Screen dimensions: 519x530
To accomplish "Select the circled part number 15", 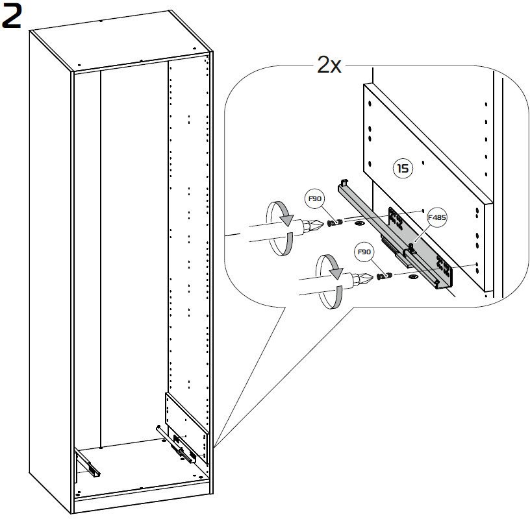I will [403, 169].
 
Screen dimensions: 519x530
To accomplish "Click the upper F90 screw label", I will [314, 199].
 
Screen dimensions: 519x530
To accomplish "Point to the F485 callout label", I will [437, 218].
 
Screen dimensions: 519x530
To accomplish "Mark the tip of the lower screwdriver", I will [370, 278].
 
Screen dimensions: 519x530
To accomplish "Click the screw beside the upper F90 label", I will [336, 224].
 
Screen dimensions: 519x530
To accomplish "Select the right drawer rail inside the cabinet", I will [182, 448].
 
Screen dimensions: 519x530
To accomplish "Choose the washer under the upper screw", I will [359, 224].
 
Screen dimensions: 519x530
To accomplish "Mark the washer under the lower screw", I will [410, 276].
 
